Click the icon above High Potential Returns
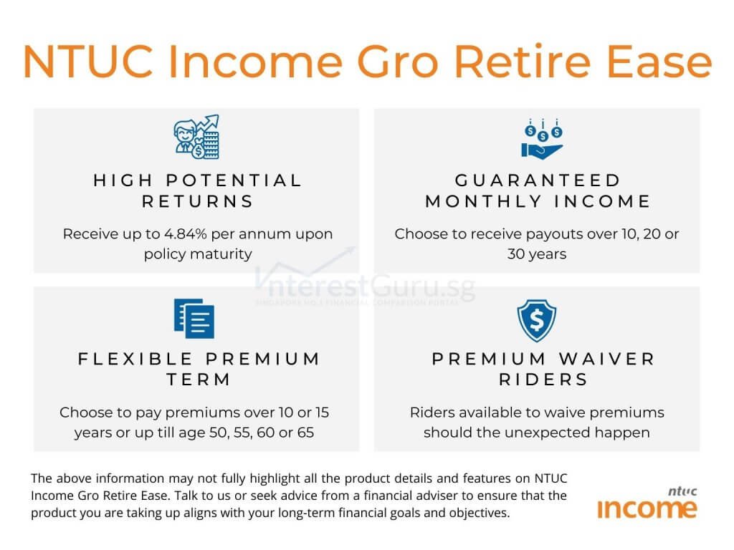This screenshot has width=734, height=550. click(x=196, y=137)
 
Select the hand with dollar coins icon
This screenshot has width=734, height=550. click(x=542, y=138)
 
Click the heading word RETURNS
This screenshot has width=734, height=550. click(x=198, y=201)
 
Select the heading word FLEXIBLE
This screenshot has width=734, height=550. click(x=135, y=358)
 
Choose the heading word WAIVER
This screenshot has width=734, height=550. click(x=610, y=358)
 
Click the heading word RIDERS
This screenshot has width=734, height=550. click(x=543, y=380)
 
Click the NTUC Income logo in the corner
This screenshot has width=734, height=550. click(x=647, y=503)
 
